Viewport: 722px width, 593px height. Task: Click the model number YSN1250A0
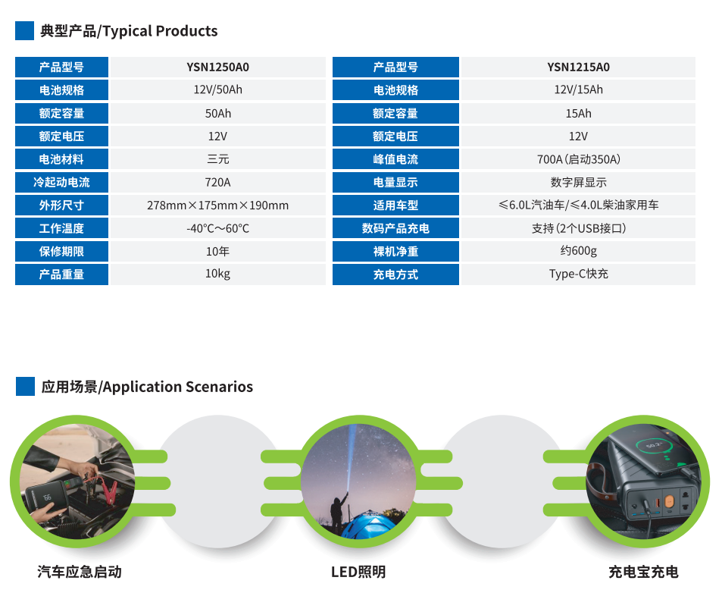click(217, 67)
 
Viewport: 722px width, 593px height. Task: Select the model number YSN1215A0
click(578, 67)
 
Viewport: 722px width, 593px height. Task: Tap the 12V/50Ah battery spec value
click(217, 89)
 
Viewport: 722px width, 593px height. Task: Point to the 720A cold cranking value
click(217, 183)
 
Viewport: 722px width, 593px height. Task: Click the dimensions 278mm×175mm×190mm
click(217, 206)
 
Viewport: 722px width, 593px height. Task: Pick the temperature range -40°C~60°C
click(217, 228)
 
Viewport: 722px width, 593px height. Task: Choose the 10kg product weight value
click(217, 274)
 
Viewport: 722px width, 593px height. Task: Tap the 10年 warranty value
click(217, 252)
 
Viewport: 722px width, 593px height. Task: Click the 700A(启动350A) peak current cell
click(578, 159)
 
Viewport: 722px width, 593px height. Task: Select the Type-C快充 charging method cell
click(578, 274)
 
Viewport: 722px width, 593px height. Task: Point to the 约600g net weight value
click(578, 251)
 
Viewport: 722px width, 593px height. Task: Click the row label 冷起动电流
click(61, 183)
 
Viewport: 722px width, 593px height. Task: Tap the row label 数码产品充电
click(395, 228)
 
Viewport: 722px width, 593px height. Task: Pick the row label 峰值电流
click(395, 159)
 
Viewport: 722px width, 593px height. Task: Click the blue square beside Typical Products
click(24, 31)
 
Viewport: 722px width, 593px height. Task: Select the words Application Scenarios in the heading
click(178, 387)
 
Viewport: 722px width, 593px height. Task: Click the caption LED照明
click(358, 572)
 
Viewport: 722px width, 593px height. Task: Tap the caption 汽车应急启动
click(80, 572)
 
